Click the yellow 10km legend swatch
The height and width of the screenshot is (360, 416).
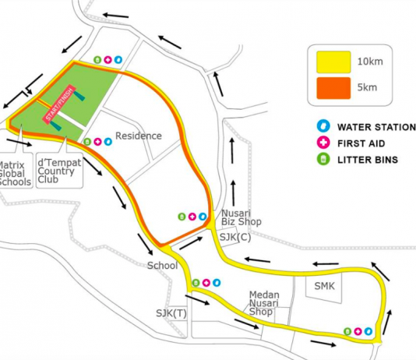tap(333, 62)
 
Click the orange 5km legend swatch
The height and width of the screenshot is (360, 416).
tap(333, 88)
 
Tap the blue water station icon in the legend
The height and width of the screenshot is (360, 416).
tap(323, 126)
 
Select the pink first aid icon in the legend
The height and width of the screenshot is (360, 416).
tap(323, 143)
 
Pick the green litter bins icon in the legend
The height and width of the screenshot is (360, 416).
tap(323, 159)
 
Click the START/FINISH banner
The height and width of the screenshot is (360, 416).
tap(59, 104)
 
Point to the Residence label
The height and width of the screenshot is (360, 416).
tap(139, 136)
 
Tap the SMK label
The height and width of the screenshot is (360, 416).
tap(325, 286)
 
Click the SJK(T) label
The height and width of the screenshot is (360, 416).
tap(171, 313)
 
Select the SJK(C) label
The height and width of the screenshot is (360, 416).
tap(235, 237)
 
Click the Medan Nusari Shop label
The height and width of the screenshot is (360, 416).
tap(264, 303)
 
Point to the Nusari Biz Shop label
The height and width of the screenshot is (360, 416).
tap(241, 217)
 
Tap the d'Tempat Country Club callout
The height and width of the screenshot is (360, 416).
tap(59, 171)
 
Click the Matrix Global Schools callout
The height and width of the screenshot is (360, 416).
tap(16, 174)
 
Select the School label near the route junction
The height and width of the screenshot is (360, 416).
tap(162, 266)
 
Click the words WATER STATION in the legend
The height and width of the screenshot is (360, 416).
tap(377, 127)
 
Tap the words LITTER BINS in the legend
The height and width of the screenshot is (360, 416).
tap(368, 160)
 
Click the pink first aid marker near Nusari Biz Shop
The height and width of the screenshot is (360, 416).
tap(192, 217)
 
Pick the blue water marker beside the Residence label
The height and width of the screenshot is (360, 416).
tap(108, 142)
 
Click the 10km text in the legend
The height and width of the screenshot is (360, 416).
tap(370, 62)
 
